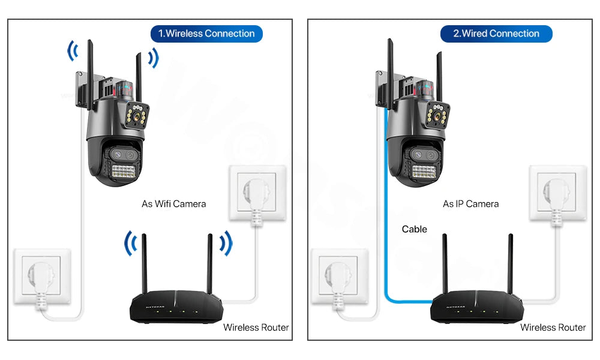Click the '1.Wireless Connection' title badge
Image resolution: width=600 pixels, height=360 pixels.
(x=206, y=34)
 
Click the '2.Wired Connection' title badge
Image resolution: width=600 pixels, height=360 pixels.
(x=496, y=34)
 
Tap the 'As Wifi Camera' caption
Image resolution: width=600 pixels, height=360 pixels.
(x=173, y=204)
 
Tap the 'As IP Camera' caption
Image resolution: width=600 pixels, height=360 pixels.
(x=470, y=204)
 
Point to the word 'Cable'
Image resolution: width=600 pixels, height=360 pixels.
(x=415, y=229)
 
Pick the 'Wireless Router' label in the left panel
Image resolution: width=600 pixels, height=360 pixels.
(x=256, y=328)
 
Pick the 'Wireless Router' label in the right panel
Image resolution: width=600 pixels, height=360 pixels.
(x=553, y=328)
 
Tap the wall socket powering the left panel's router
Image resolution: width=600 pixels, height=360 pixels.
(x=257, y=194)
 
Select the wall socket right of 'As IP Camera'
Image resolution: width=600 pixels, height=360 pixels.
(x=557, y=194)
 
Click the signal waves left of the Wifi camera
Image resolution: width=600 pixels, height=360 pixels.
(x=73, y=52)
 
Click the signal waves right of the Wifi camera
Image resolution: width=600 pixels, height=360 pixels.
(x=154, y=58)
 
